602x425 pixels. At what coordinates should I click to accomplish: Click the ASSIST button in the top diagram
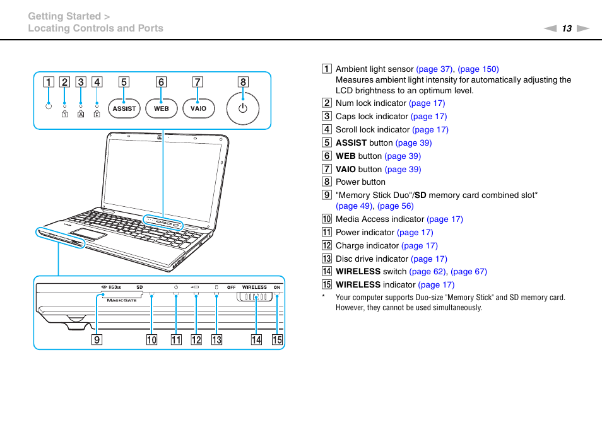pos(124,108)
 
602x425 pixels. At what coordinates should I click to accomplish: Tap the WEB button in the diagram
pos(162,108)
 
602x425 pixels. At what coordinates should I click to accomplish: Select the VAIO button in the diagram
pos(198,108)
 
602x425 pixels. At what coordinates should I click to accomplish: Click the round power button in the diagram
pos(243,108)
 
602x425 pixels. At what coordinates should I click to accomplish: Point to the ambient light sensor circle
pos(48,105)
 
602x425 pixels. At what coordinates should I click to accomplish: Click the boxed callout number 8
pos(243,82)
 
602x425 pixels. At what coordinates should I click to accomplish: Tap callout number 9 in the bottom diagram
pos(97,340)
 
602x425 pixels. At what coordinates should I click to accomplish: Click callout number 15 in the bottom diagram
pos(277,340)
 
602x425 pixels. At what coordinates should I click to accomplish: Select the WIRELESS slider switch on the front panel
pos(256,298)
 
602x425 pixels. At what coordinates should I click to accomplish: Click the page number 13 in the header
pos(567,28)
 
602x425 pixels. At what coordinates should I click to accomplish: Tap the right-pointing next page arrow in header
pos(582,28)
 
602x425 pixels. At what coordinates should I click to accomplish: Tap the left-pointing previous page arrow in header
pos(550,28)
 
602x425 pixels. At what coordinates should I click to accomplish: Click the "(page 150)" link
pos(478,69)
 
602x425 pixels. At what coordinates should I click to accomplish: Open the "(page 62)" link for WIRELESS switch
pos(428,272)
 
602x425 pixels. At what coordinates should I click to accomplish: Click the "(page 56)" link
pos(395,206)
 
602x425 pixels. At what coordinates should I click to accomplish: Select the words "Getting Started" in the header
pos(64,16)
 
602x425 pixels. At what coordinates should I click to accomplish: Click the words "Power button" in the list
pos(360,182)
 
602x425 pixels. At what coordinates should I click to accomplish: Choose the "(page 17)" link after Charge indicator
pos(419,246)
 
